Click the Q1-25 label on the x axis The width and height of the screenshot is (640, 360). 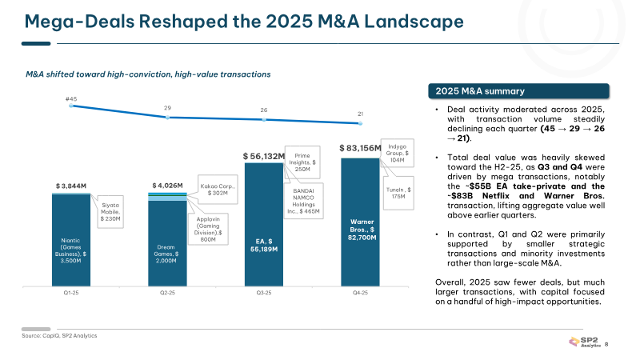coord(71,293)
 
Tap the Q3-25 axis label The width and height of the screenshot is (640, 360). coord(264,293)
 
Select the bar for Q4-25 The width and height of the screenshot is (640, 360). coord(361,222)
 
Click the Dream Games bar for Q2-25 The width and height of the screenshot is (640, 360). coord(167,243)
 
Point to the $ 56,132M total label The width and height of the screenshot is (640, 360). coord(264,156)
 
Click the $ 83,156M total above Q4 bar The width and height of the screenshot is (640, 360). coord(360,148)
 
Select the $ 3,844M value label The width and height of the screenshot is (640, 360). coord(71,186)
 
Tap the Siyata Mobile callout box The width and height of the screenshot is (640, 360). coord(110,212)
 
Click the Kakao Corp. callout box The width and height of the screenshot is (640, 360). coord(217,190)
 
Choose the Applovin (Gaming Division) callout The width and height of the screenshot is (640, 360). coord(208,229)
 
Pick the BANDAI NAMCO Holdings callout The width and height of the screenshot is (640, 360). coord(303,201)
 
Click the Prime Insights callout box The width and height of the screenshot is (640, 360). coord(302,162)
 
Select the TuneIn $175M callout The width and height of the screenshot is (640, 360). coord(398,193)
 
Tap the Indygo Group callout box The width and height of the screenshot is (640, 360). coord(397,153)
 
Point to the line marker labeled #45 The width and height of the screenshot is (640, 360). coord(71,106)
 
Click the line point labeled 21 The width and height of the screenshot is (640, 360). coord(361,123)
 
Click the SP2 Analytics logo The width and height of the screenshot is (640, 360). coord(585,342)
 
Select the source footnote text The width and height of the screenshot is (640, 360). coord(59,335)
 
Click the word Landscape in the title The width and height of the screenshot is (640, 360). coord(414,22)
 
